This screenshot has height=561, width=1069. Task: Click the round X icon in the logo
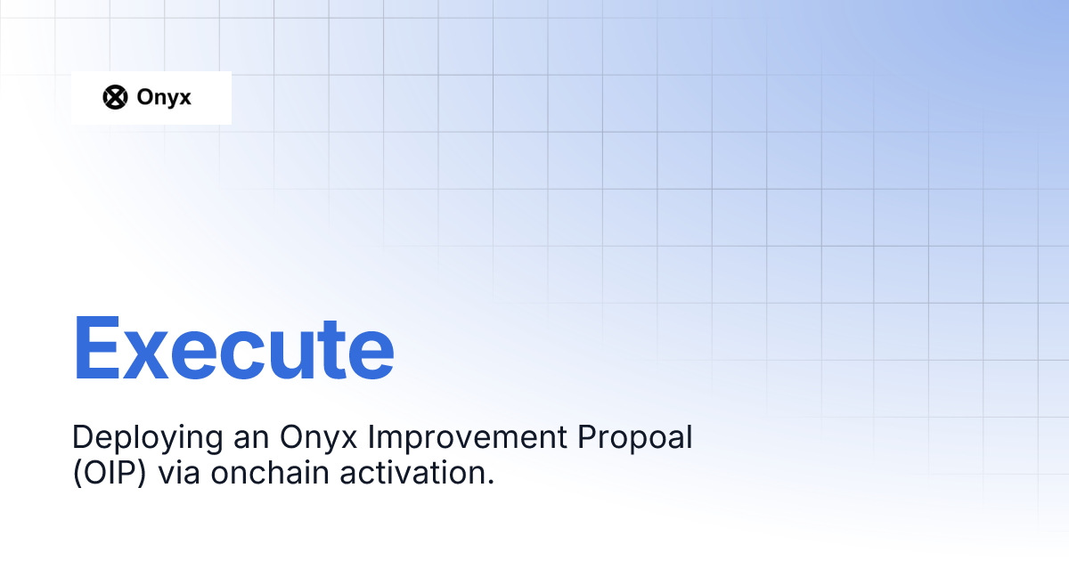[x=115, y=97]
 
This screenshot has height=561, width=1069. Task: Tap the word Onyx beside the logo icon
[x=164, y=98]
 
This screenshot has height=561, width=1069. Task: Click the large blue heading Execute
[x=233, y=348]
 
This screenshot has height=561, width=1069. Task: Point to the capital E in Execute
[x=96, y=348]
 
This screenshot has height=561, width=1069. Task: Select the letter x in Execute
[x=145, y=356]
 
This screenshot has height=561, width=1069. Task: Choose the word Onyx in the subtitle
[x=318, y=439]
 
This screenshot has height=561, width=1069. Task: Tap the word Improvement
[x=468, y=439]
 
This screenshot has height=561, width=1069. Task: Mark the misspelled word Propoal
[x=634, y=439]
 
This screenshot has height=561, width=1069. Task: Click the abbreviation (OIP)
[x=110, y=473]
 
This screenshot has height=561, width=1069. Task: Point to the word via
[x=178, y=473]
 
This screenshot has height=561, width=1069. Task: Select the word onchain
[x=270, y=472]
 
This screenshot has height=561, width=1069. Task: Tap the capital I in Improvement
[x=371, y=436]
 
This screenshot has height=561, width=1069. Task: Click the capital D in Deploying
[x=83, y=436]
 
